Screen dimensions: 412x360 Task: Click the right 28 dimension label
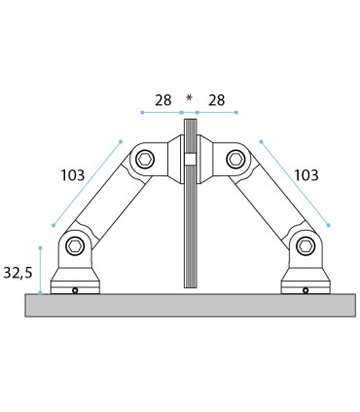217,100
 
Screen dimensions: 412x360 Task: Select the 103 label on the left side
72,176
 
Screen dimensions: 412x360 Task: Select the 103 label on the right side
306,176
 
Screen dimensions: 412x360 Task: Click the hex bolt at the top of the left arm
146,159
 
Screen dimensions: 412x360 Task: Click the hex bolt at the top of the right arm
234,159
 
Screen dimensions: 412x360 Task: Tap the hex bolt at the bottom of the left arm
74,244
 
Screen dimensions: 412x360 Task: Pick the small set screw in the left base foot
75,288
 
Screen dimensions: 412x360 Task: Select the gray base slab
190,304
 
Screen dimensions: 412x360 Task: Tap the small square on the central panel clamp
191,160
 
